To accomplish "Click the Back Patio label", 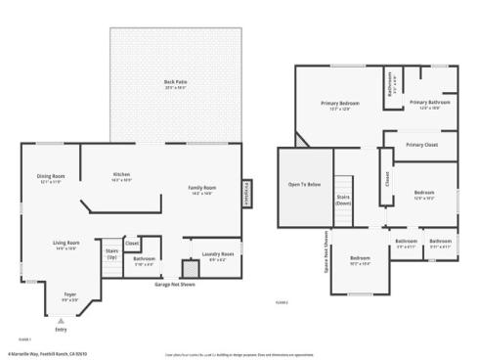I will [176, 83].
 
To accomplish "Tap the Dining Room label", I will [51, 178].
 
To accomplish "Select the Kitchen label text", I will [121, 177].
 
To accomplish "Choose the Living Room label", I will [66, 245].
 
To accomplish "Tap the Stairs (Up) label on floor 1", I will [111, 253].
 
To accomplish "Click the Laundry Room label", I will [217, 256].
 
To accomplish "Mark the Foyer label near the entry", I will [69, 295].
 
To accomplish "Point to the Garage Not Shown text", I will [173, 285].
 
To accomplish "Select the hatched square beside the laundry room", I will [191, 267].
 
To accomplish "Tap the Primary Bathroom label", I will [429, 104].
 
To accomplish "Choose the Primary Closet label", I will [421, 145].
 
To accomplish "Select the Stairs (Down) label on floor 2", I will [343, 199].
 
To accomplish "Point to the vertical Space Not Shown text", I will [327, 251].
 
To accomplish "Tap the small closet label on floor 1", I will [132, 243].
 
